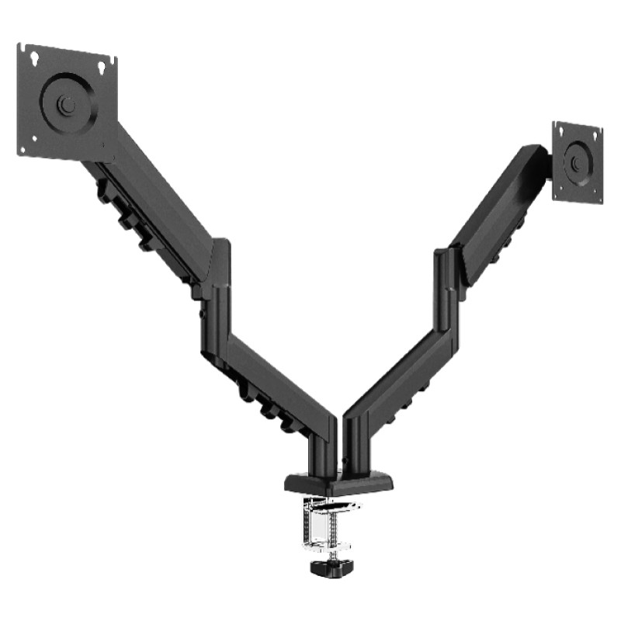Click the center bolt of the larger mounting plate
68,103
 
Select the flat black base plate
338,482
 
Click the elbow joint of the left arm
218,295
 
